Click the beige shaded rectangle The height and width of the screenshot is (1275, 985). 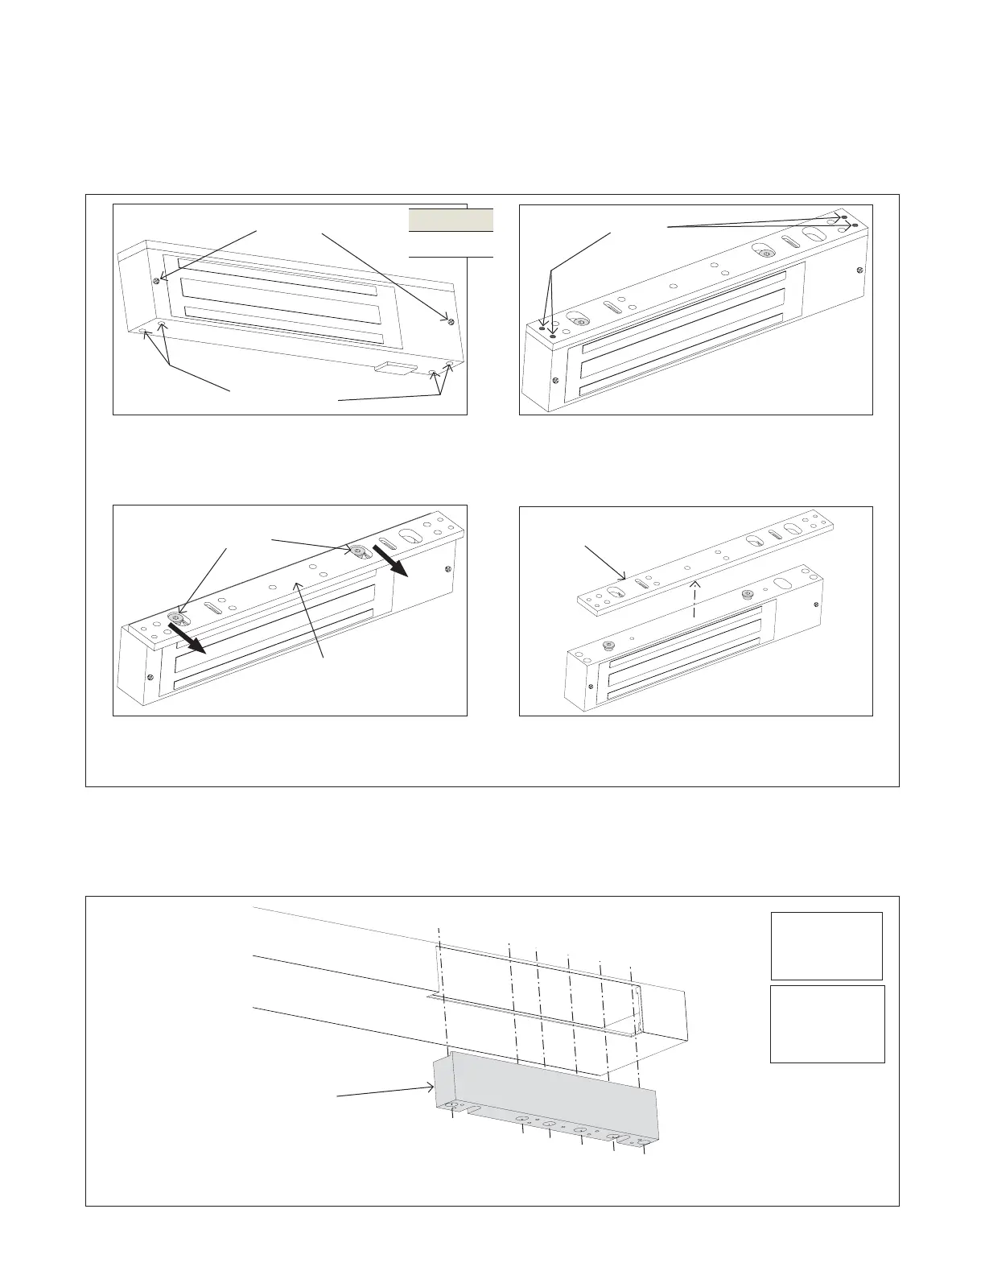(451, 220)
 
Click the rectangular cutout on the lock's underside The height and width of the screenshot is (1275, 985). (395, 369)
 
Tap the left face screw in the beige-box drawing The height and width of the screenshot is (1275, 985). (155, 281)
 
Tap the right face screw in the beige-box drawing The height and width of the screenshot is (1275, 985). (451, 321)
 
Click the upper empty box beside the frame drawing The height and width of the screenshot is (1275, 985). (826, 945)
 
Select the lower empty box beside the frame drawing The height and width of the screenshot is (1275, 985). (827, 1024)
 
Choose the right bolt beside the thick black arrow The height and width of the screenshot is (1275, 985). (355, 551)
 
